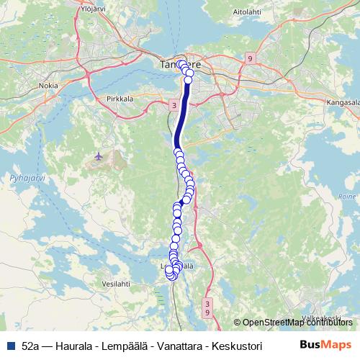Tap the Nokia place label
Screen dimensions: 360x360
(x=48, y=85)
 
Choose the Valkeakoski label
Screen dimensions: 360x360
(x=320, y=318)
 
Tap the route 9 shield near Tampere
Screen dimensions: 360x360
(x=249, y=58)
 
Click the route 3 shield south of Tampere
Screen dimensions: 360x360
(x=174, y=105)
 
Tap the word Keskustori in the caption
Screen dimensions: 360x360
(x=234, y=346)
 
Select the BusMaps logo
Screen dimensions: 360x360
(x=325, y=345)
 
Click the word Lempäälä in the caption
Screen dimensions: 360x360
(x=125, y=346)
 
